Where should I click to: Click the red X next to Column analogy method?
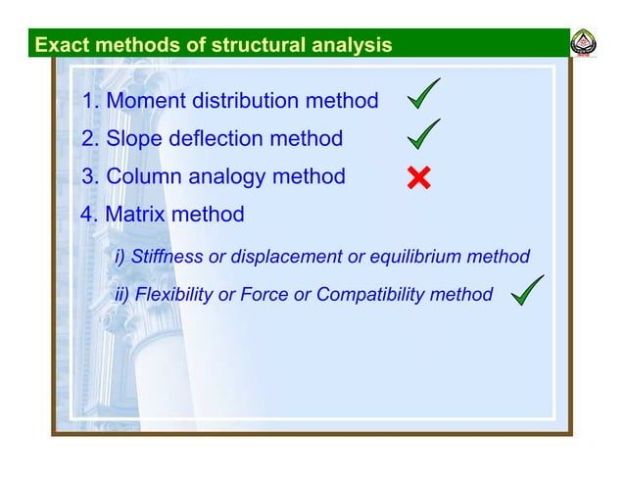[x=418, y=178]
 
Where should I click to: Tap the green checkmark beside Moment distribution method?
[x=423, y=96]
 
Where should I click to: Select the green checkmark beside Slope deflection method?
[x=423, y=135]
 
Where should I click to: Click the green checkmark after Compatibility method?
[x=527, y=290]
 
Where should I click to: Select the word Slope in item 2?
[x=133, y=139]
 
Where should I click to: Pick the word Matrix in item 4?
[x=136, y=214]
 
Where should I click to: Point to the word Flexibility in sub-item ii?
[x=173, y=295]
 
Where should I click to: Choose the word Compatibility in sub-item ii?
[x=376, y=295]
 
